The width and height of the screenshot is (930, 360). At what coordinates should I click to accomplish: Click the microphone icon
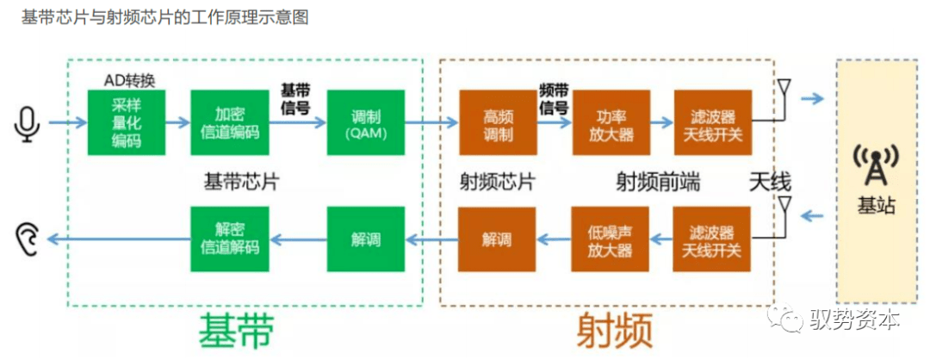[28, 123]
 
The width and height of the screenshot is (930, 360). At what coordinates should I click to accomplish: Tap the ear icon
[28, 236]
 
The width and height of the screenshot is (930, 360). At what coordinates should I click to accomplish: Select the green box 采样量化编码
[126, 122]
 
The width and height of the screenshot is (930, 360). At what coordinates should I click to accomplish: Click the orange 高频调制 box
[498, 122]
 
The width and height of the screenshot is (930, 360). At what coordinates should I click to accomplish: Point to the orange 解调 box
[498, 239]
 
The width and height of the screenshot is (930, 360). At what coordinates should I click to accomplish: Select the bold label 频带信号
[553, 99]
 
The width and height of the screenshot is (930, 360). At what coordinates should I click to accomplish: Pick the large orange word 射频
[613, 329]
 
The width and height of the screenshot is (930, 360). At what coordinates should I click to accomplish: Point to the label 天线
[769, 181]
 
